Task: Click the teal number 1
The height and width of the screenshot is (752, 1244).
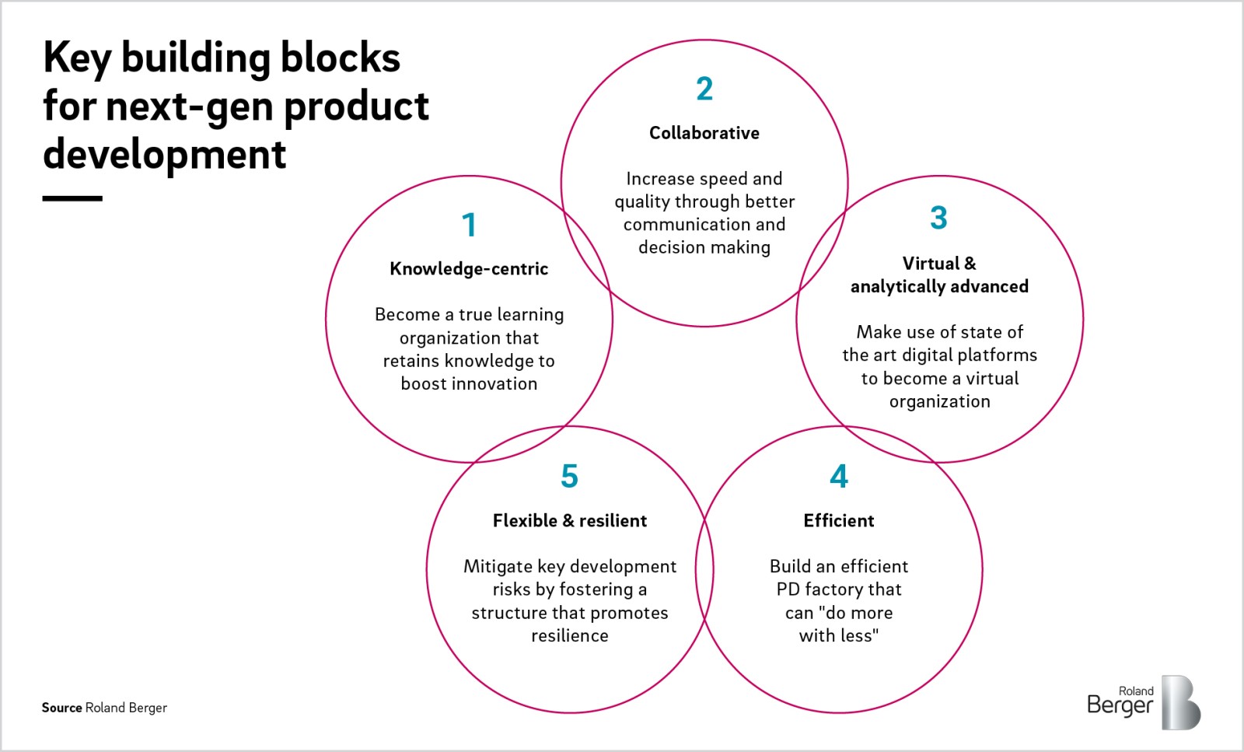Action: click(469, 225)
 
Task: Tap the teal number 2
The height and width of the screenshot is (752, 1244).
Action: click(704, 89)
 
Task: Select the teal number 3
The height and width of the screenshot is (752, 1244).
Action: click(938, 218)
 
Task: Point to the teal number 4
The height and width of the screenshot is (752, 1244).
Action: click(839, 476)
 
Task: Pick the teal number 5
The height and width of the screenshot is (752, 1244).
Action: click(569, 476)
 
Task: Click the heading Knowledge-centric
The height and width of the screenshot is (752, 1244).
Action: click(469, 269)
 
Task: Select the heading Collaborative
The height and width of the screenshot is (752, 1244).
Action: click(704, 133)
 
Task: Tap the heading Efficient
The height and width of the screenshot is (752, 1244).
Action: click(839, 521)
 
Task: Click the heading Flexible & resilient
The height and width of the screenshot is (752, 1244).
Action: click(570, 521)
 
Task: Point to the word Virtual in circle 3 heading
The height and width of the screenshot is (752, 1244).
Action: click(931, 264)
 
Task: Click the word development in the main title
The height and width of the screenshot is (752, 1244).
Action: click(165, 154)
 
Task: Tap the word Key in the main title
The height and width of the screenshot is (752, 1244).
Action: click(76, 59)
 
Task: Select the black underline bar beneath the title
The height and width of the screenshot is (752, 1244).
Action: click(72, 199)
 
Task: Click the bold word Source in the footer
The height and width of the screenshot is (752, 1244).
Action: click(61, 708)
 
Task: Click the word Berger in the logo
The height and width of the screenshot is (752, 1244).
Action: click(1120, 706)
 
